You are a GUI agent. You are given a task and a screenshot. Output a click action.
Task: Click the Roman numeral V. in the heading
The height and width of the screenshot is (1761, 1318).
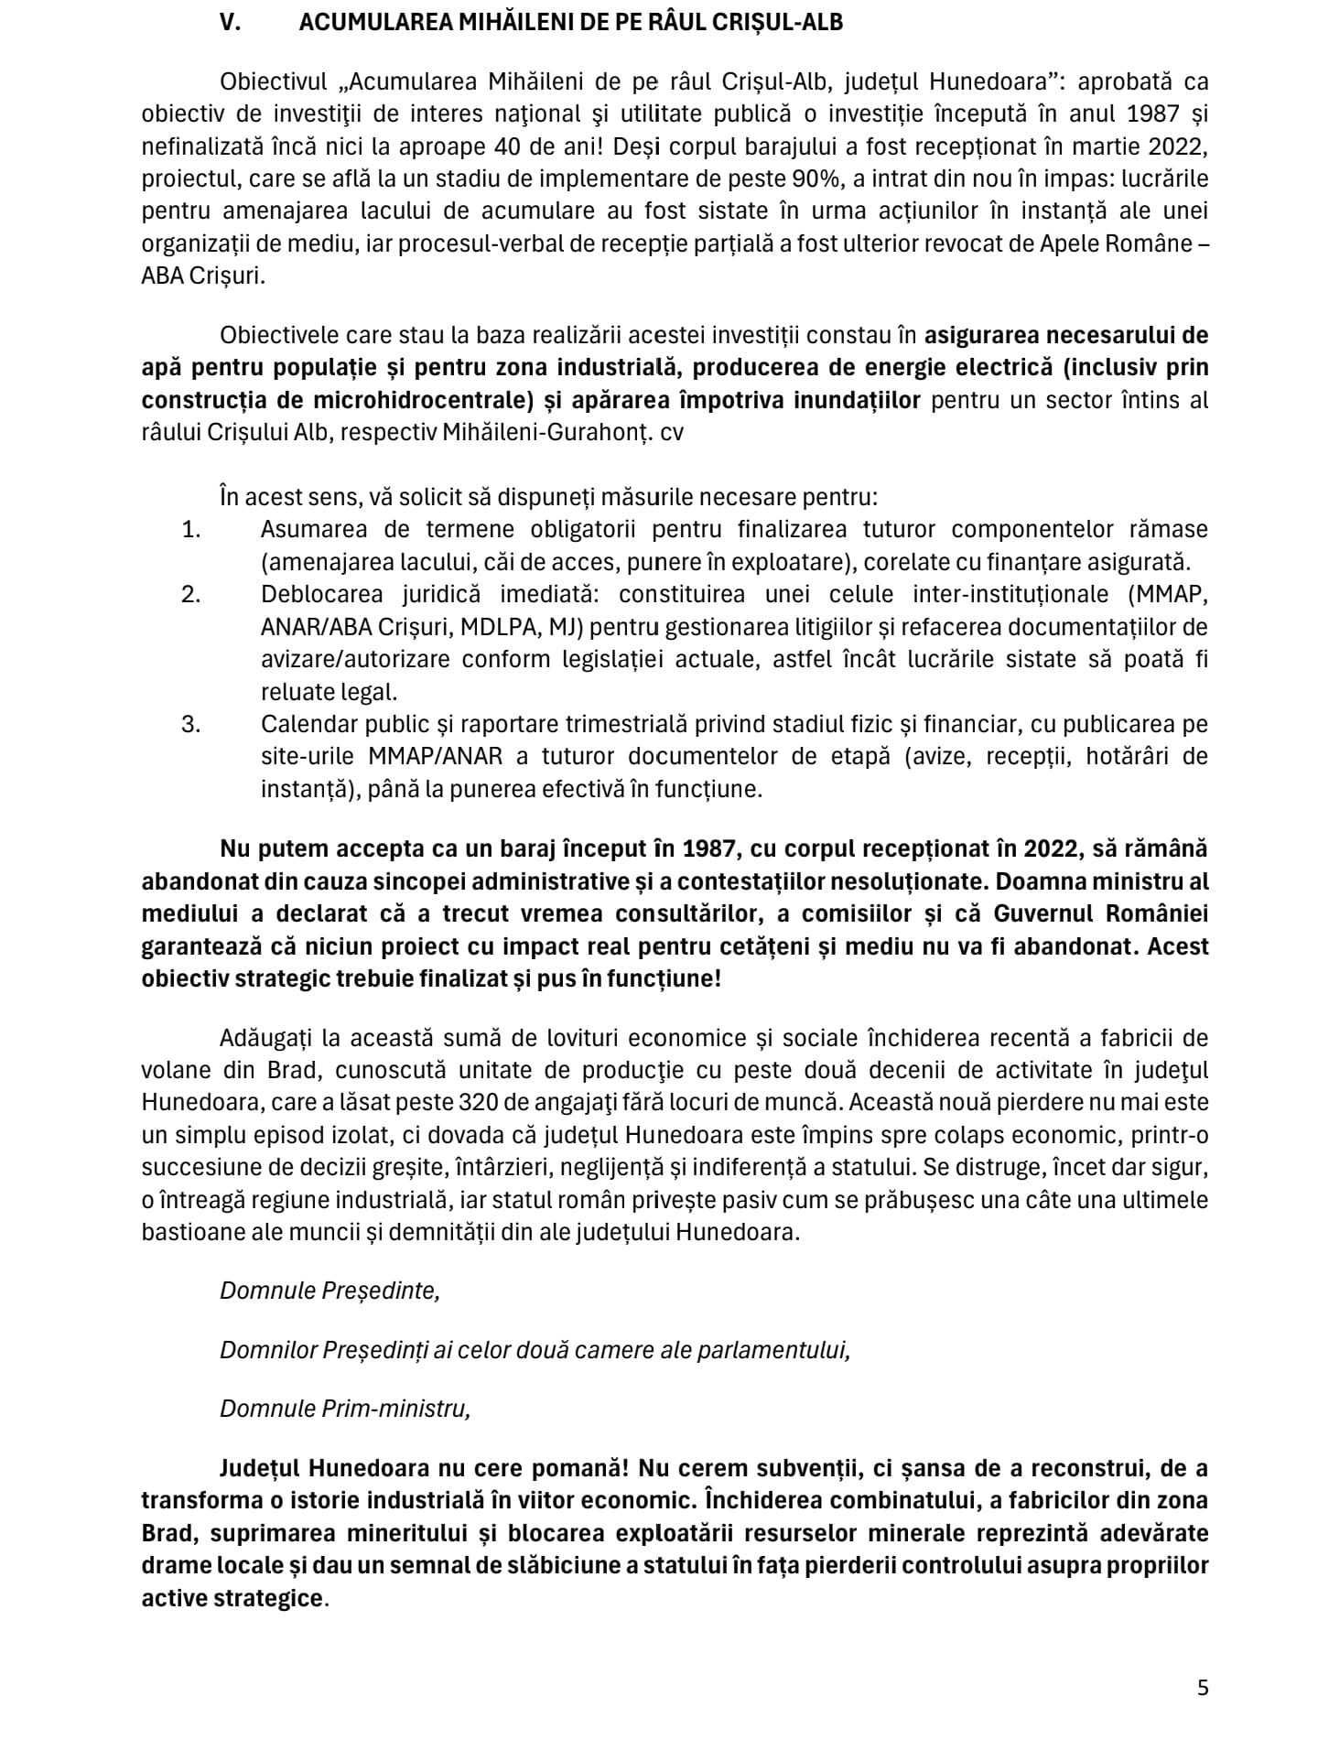tap(230, 23)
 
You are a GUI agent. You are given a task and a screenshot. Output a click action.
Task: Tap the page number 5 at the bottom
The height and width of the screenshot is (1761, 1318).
tap(1203, 1688)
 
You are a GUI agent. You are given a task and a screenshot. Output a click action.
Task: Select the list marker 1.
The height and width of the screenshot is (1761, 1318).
tap(191, 529)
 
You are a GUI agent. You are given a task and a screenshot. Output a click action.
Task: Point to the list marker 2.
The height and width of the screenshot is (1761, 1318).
tap(191, 594)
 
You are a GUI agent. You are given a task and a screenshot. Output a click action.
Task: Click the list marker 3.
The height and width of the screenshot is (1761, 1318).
tap(191, 724)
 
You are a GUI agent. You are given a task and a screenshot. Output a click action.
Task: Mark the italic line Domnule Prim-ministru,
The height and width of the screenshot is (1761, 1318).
tap(345, 1409)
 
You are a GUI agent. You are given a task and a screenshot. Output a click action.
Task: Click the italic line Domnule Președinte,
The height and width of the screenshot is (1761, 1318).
tap(329, 1291)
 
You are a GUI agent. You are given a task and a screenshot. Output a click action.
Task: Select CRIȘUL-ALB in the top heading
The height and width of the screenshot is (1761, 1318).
tap(775, 23)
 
